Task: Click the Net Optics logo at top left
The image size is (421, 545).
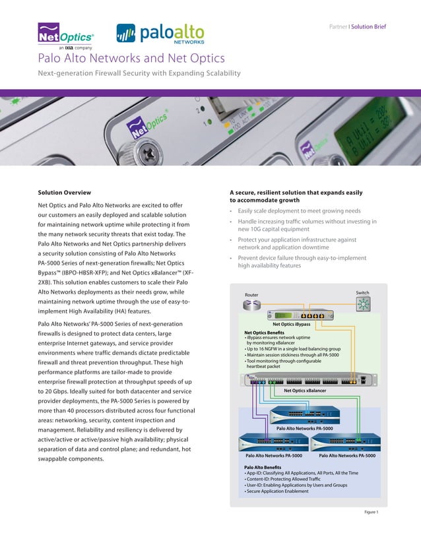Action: tap(65, 36)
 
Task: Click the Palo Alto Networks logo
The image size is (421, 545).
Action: tap(160, 33)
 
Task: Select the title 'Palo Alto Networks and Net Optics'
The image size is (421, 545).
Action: tap(131, 59)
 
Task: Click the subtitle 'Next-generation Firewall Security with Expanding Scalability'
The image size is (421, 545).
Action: tap(139, 73)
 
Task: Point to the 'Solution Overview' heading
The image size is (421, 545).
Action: tap(65, 193)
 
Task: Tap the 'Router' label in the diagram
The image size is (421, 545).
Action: tap(252, 294)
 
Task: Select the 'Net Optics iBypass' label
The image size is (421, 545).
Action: tap(292, 324)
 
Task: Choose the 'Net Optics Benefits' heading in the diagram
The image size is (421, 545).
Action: tap(265, 332)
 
